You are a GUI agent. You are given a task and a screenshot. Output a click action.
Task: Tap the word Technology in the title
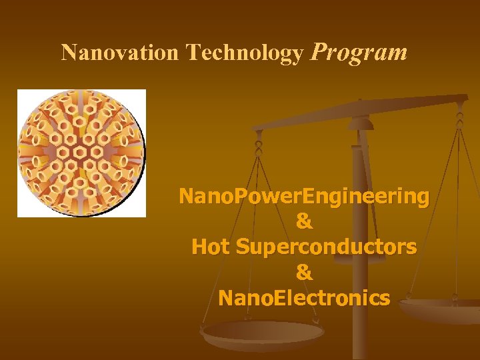click(245, 53)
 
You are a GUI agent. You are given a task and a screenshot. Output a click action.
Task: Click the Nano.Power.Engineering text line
click(304, 197)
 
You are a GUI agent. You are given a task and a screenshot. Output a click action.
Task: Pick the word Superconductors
click(327, 247)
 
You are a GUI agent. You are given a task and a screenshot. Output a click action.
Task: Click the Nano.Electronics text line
click(304, 297)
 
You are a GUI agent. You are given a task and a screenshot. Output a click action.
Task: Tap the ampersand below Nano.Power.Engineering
click(304, 221)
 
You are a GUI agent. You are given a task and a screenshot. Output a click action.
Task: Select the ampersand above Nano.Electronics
click(304, 272)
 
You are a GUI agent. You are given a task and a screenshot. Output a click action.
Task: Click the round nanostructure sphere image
click(81, 153)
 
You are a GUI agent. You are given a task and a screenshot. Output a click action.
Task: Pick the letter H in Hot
click(199, 247)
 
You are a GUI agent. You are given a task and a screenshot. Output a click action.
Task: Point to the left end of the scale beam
click(257, 127)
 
